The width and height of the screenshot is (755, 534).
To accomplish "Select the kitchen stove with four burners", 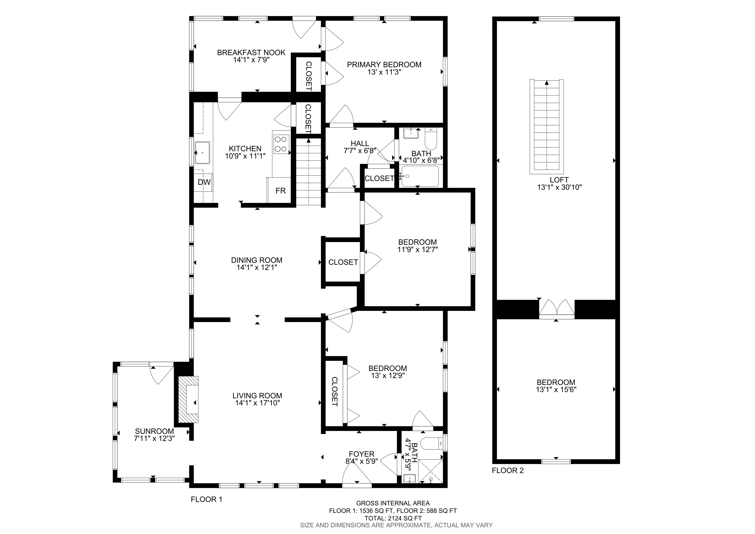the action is click(x=281, y=144).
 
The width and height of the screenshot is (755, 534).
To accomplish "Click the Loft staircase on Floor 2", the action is click(x=546, y=127).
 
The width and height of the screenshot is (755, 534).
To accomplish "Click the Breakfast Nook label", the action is click(x=251, y=52).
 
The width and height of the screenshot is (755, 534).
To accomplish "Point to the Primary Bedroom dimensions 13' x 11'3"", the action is click(x=384, y=72).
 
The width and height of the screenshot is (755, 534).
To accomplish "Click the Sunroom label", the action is click(x=154, y=431).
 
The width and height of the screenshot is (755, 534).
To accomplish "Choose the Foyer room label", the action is click(x=362, y=454).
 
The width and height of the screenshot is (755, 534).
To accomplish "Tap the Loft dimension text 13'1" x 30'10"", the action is click(x=560, y=187).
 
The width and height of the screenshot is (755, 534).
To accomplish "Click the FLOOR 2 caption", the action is click(x=508, y=470).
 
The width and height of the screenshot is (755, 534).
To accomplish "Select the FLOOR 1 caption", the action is click(x=207, y=500).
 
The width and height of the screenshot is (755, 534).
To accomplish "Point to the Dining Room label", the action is click(x=257, y=260).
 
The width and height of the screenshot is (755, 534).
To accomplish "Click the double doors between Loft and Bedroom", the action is click(x=557, y=308).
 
